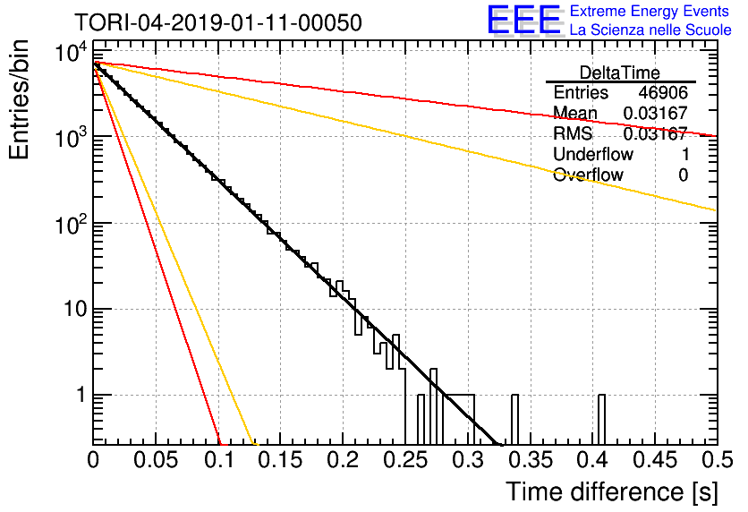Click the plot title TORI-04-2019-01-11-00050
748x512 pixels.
[218, 22]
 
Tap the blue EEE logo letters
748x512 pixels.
[523, 20]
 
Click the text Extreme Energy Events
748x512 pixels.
[650, 11]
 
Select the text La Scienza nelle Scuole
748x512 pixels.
[650, 30]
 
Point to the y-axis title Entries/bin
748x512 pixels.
[19, 99]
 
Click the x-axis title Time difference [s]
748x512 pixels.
[612, 492]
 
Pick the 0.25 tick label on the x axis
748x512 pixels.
[405, 460]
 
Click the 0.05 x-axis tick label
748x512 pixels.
[155, 460]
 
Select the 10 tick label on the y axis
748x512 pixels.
[75, 309]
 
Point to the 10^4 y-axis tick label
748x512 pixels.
[72, 52]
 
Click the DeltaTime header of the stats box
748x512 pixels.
[620, 73]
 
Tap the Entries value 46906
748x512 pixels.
[663, 92]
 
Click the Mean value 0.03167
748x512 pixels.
[656, 113]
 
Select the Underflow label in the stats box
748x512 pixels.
[593, 154]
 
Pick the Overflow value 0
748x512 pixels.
[683, 175]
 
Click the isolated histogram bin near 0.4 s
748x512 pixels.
[601, 420]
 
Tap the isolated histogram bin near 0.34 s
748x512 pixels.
[514, 420]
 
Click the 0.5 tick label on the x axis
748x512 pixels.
[717, 460]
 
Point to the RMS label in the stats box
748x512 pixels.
[573, 133]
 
